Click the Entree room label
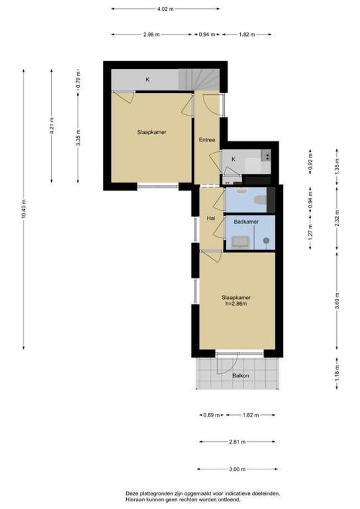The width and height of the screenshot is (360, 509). pyautogui.click(x=207, y=140)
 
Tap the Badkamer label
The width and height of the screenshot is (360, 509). pyautogui.click(x=246, y=222)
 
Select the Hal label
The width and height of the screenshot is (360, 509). pyautogui.click(x=211, y=219)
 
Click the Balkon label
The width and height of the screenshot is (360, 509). pyautogui.click(x=240, y=376)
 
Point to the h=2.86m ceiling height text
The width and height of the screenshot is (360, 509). pyautogui.click(x=236, y=304)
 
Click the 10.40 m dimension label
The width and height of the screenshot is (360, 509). pyautogui.click(x=24, y=210)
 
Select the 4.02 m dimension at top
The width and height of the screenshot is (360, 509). pyautogui.click(x=165, y=9)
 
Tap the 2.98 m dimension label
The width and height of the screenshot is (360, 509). pyautogui.click(x=151, y=34)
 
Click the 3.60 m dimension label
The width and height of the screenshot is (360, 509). pyautogui.click(x=337, y=301)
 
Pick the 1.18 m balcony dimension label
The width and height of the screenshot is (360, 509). pyautogui.click(x=337, y=373)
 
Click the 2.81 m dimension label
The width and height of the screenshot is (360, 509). pyautogui.click(x=237, y=442)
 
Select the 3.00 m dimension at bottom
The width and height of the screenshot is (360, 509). pyautogui.click(x=237, y=469)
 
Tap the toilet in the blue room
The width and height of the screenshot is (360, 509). pyautogui.click(x=261, y=200)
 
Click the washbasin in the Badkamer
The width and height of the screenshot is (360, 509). pyautogui.click(x=240, y=242)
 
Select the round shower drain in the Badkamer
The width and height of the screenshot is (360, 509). pyautogui.click(x=266, y=241)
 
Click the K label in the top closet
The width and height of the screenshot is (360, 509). pyautogui.click(x=147, y=80)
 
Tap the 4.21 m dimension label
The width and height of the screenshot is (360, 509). pyautogui.click(x=52, y=126)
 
